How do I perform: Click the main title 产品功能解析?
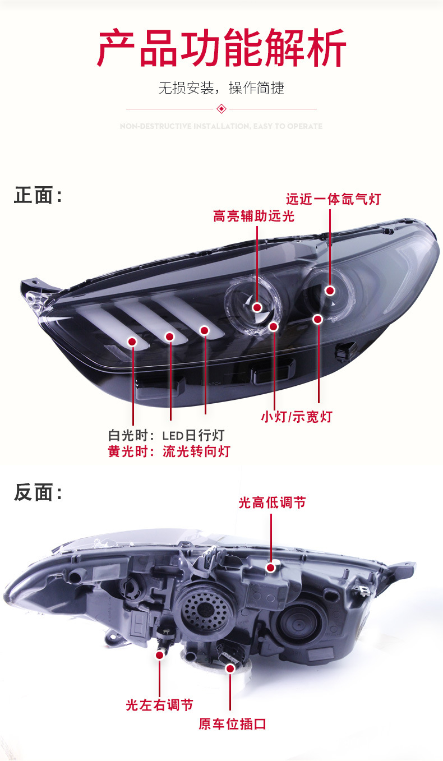[221, 49]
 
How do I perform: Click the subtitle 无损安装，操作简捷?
[221, 88]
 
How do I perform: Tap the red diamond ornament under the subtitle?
[221, 108]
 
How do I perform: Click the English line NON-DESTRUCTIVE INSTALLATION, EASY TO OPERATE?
[221, 127]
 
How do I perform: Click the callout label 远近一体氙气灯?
[333, 199]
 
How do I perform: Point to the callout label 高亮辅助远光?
[253, 216]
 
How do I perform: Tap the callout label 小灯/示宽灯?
[296, 417]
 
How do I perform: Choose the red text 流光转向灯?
[196, 451]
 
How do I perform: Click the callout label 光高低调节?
[272, 502]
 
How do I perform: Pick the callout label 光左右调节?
[160, 705]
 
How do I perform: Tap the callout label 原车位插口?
[232, 723]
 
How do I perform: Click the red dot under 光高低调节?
[271, 568]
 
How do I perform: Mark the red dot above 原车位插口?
[230, 668]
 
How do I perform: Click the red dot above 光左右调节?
[160, 654]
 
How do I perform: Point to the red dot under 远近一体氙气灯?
[330, 290]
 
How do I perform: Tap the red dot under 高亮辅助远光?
[257, 307]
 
